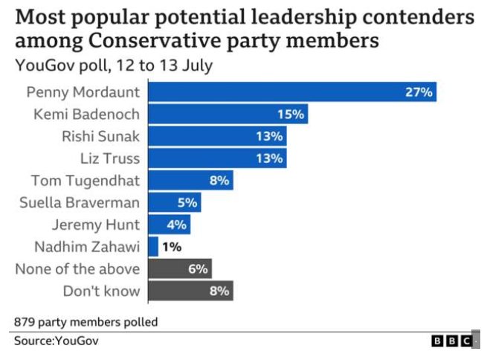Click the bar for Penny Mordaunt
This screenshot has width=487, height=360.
pos(292,92)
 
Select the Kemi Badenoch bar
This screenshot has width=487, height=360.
pos(228,115)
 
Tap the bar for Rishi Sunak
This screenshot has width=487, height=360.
pos(217,136)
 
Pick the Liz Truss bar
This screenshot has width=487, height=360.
pos(217,158)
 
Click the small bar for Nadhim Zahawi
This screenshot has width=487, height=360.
pos(153,246)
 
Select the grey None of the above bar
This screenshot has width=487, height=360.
pos(180,269)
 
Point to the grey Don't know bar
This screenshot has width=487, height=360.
pos(190,291)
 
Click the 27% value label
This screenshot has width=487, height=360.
pos(419,92)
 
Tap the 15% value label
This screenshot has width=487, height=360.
pos(291,115)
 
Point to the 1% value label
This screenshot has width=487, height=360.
pos(172,246)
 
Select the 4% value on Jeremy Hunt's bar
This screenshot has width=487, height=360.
pos(176,225)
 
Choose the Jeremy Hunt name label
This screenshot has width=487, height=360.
pos(96,225)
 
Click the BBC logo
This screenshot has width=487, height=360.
pos(451,341)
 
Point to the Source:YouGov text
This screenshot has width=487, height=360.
pos(56,341)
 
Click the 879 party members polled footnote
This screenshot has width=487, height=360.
pos(86,322)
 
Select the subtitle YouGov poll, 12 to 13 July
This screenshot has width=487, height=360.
pos(114,65)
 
